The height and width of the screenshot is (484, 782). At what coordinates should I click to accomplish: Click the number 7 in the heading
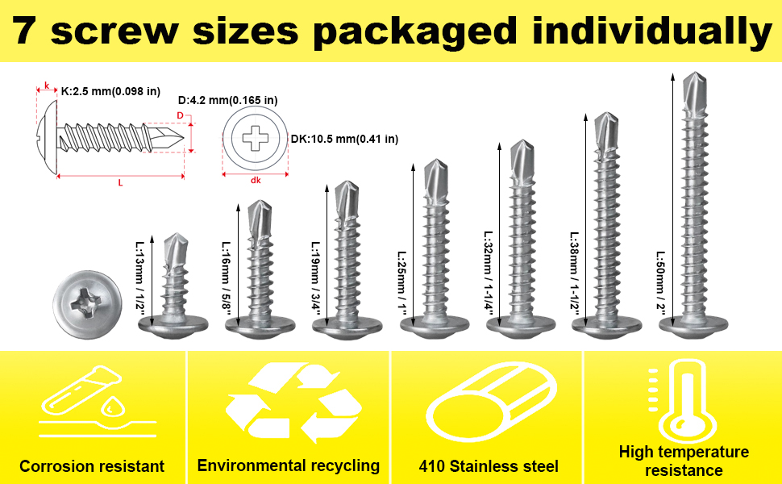(25, 31)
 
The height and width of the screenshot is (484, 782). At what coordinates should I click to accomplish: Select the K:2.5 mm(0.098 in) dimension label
(110, 91)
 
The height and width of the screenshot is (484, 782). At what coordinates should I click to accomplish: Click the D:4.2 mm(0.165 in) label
(228, 100)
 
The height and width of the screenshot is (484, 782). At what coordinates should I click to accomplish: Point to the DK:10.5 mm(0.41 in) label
(344, 139)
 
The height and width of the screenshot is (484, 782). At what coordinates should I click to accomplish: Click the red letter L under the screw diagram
(120, 184)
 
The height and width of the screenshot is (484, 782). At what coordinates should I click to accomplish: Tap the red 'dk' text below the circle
(256, 180)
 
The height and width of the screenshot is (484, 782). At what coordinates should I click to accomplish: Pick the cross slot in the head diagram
(255, 138)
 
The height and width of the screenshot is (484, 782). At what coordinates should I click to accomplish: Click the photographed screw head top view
(87, 304)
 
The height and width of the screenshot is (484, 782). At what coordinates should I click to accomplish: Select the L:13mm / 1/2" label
(139, 278)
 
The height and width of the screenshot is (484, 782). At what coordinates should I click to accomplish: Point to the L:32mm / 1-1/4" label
(489, 271)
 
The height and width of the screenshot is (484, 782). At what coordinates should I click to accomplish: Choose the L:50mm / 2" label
(661, 283)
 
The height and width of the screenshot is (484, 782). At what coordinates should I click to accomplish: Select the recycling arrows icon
(293, 403)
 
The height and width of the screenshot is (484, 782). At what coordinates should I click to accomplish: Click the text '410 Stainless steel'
(489, 466)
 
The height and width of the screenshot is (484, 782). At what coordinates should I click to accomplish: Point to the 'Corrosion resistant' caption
(92, 466)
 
